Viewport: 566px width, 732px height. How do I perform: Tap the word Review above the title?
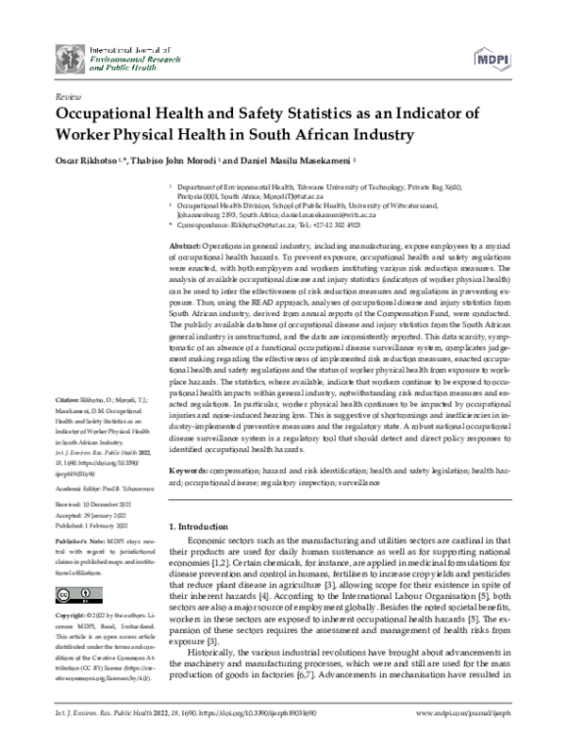(x=68, y=96)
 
